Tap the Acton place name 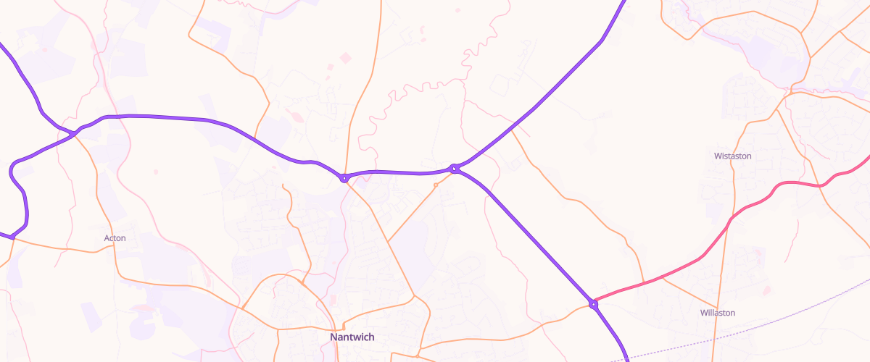(115, 237)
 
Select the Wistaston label (732, 156)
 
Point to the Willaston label (718, 313)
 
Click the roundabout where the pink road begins (593, 304)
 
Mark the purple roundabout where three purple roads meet (454, 169)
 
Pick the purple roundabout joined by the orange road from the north (344, 177)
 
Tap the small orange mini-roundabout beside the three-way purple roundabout (436, 185)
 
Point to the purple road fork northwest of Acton (75, 133)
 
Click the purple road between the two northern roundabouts (399, 172)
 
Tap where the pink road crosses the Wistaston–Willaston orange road (727, 224)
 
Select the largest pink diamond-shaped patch (345, 57)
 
